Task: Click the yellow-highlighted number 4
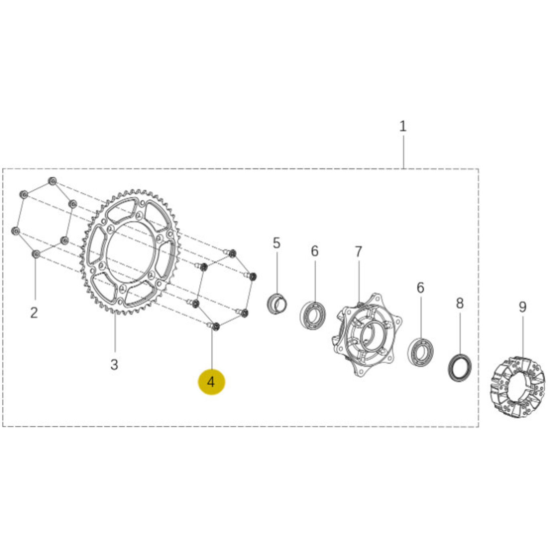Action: pos(211,382)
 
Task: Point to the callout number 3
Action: pos(114,365)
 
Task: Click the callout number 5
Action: pos(276,243)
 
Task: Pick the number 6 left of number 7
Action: pos(314,251)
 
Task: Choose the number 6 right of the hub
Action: pos(420,288)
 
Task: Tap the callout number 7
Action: pos(358,252)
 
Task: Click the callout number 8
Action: pos(459,303)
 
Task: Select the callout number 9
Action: pos(522,307)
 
